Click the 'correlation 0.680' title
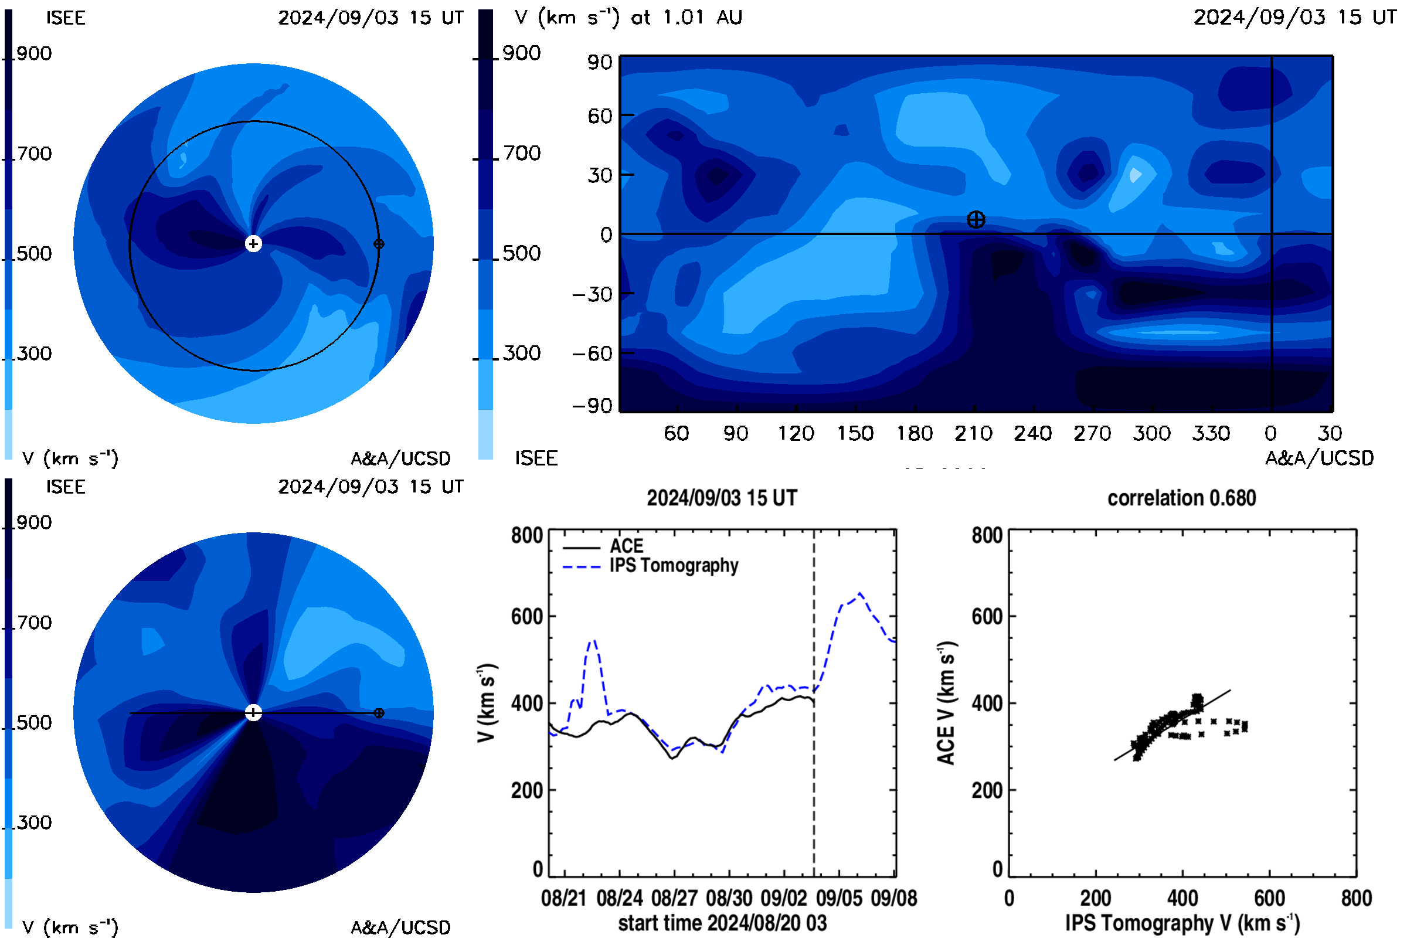(1181, 498)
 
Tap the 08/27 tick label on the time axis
(674, 898)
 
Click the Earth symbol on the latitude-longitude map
(976, 219)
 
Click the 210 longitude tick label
(973, 433)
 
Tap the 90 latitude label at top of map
(599, 62)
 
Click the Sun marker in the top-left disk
(254, 243)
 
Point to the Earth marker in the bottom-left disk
(379, 713)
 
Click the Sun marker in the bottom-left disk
(254, 712)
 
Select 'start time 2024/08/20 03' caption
(722, 923)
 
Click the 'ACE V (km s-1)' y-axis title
(946, 703)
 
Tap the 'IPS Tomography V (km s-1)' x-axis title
(1182, 923)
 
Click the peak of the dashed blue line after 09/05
(859, 593)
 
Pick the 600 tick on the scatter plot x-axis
(1269, 898)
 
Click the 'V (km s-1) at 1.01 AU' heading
(628, 18)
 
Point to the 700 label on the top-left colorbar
(34, 154)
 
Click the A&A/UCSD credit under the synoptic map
(1319, 458)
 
